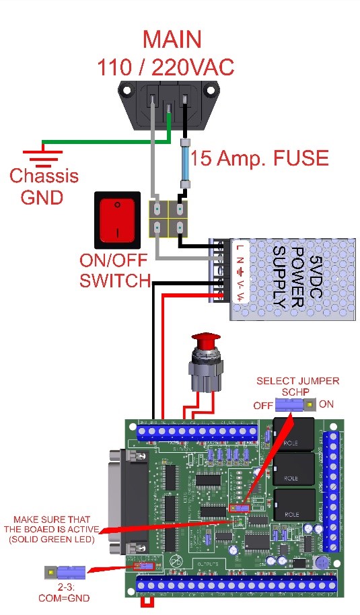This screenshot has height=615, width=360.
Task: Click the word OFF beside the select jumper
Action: pyautogui.click(x=263, y=406)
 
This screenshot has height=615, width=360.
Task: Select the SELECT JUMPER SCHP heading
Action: pyautogui.click(x=297, y=386)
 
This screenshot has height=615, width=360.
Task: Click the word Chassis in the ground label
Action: pyautogui.click(x=44, y=177)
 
